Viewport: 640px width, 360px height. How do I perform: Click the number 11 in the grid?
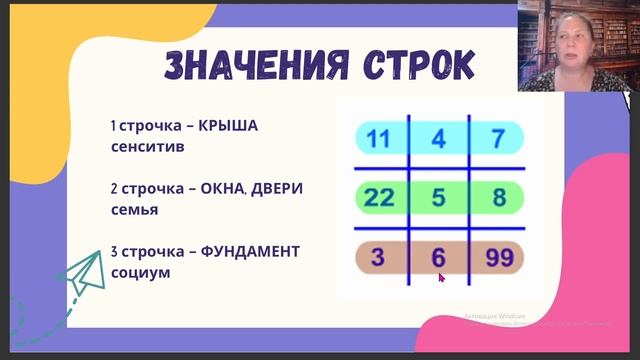tap(378, 138)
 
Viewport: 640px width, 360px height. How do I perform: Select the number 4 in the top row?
tap(437, 138)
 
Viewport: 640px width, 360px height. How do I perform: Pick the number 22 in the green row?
tap(379, 197)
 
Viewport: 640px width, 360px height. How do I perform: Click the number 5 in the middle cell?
tap(437, 197)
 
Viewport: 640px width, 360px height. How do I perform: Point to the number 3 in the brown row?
tap(378, 258)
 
